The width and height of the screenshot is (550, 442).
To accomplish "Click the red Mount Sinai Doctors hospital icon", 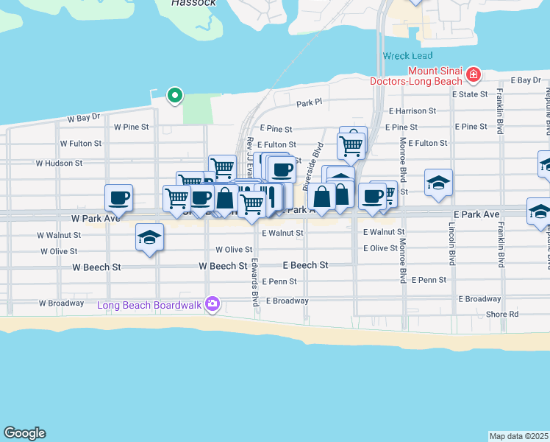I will pos(473,74).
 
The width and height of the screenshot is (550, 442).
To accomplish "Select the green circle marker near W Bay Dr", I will pos(174,94).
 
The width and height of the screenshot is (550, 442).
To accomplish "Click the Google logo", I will pos(24,433).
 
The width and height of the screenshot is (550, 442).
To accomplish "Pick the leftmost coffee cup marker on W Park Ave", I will pos(119,197).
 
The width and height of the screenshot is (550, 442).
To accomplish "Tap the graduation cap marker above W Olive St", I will pos(149,237).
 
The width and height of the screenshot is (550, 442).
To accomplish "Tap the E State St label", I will pos(470,94).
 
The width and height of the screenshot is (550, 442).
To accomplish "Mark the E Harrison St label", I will pos(413,110).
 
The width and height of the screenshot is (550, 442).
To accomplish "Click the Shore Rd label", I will pos(502,314).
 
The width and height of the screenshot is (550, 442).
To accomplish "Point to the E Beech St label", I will pos(305,265).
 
